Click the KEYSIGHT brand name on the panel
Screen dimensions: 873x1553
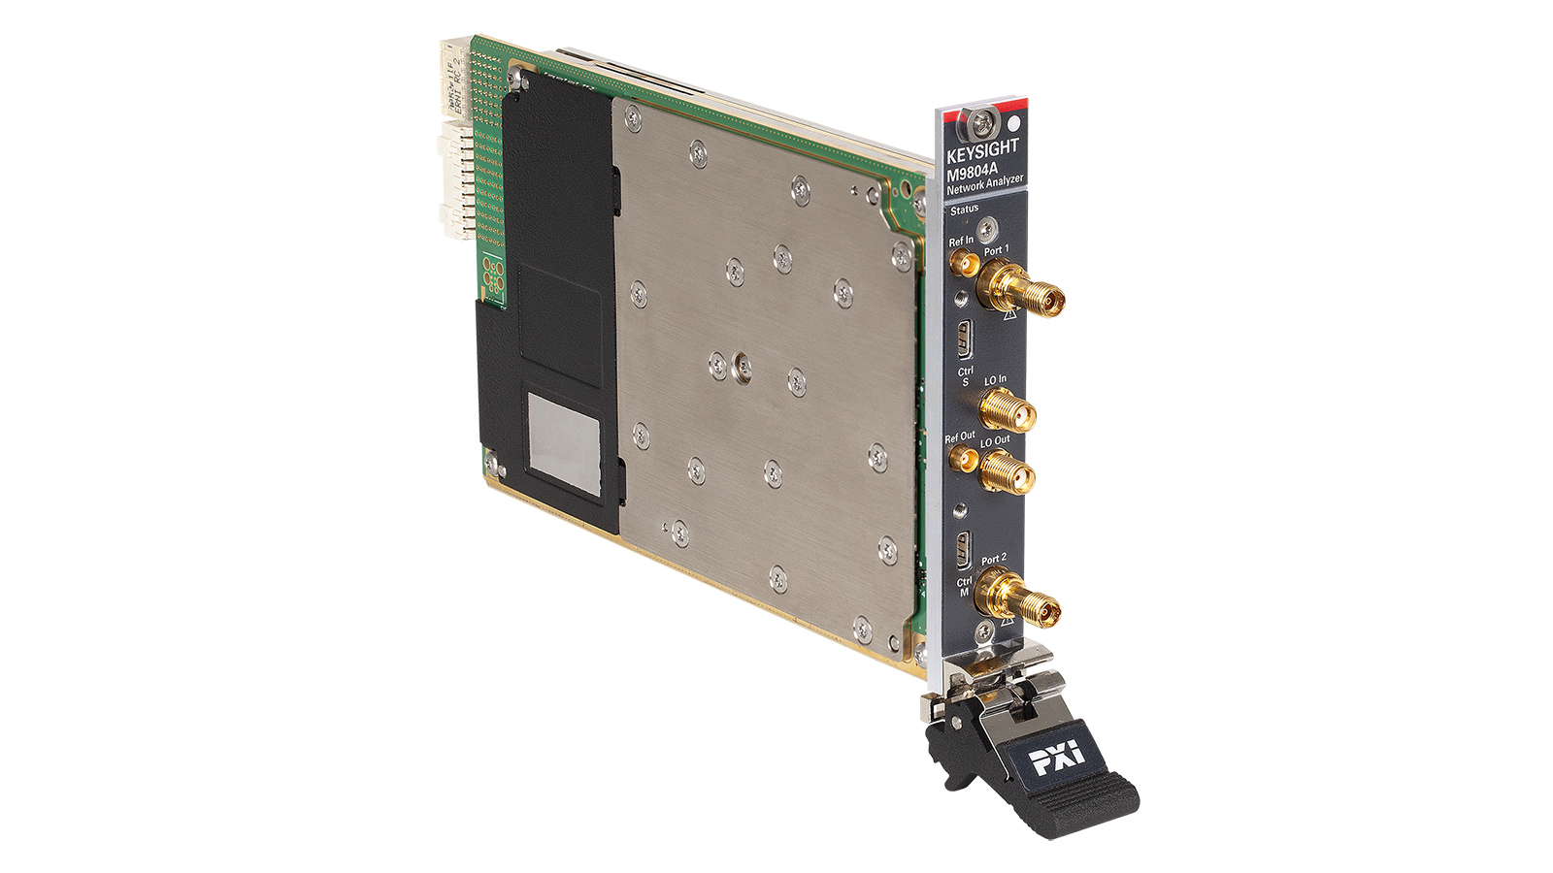(982, 150)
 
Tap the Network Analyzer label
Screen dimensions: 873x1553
(984, 184)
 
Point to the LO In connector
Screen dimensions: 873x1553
(1006, 411)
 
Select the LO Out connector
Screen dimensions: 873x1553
(1005, 473)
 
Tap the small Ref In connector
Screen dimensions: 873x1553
(962, 263)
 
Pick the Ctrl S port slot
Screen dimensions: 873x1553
(965, 339)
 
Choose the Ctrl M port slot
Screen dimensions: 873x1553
(963, 551)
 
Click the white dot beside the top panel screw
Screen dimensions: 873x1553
(1014, 124)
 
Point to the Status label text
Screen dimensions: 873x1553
(964, 210)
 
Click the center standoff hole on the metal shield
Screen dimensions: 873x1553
(743, 367)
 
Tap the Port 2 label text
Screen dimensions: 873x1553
(993, 560)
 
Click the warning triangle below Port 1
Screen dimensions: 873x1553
(1010, 314)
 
